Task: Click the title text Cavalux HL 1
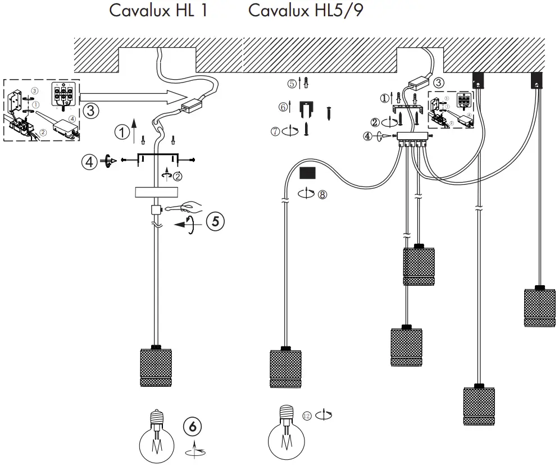[x=158, y=11]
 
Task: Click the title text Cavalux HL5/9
[x=306, y=11]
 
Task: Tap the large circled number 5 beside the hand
[x=215, y=221]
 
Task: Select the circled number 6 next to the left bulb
[x=193, y=427]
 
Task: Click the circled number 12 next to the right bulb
[x=307, y=415]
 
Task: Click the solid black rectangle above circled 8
[x=308, y=172]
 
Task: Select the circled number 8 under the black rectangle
[x=321, y=195]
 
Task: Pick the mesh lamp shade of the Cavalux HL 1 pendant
[x=157, y=367]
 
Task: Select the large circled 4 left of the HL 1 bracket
[x=88, y=162]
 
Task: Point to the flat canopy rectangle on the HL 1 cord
[x=157, y=192]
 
